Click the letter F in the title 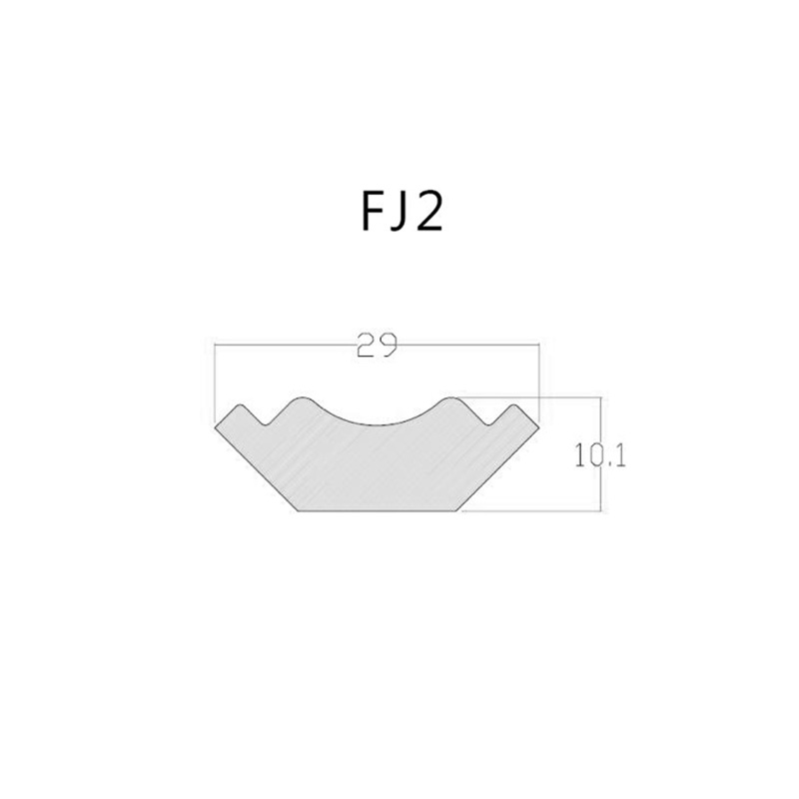[373, 212]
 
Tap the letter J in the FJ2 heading [398, 213]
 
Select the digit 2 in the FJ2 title [428, 212]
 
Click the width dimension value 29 [377, 345]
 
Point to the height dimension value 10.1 [600, 455]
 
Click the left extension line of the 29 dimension [215, 384]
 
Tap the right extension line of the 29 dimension [538, 384]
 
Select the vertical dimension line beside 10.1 [601, 453]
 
